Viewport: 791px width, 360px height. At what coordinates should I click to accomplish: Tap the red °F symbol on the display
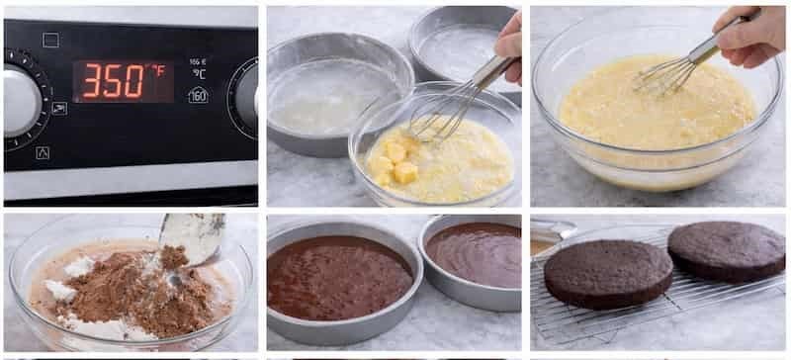pos(157,70)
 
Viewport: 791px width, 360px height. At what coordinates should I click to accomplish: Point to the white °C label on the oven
pos(199,73)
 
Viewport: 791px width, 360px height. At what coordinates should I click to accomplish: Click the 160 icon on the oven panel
pos(198,95)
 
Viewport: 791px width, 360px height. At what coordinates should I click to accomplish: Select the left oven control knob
pos(22,102)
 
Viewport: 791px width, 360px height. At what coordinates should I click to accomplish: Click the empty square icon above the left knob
pos(50,40)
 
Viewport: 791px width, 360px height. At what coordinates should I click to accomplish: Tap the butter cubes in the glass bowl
pos(395,162)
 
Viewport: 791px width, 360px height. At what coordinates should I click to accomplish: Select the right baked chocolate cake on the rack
pos(727,249)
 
